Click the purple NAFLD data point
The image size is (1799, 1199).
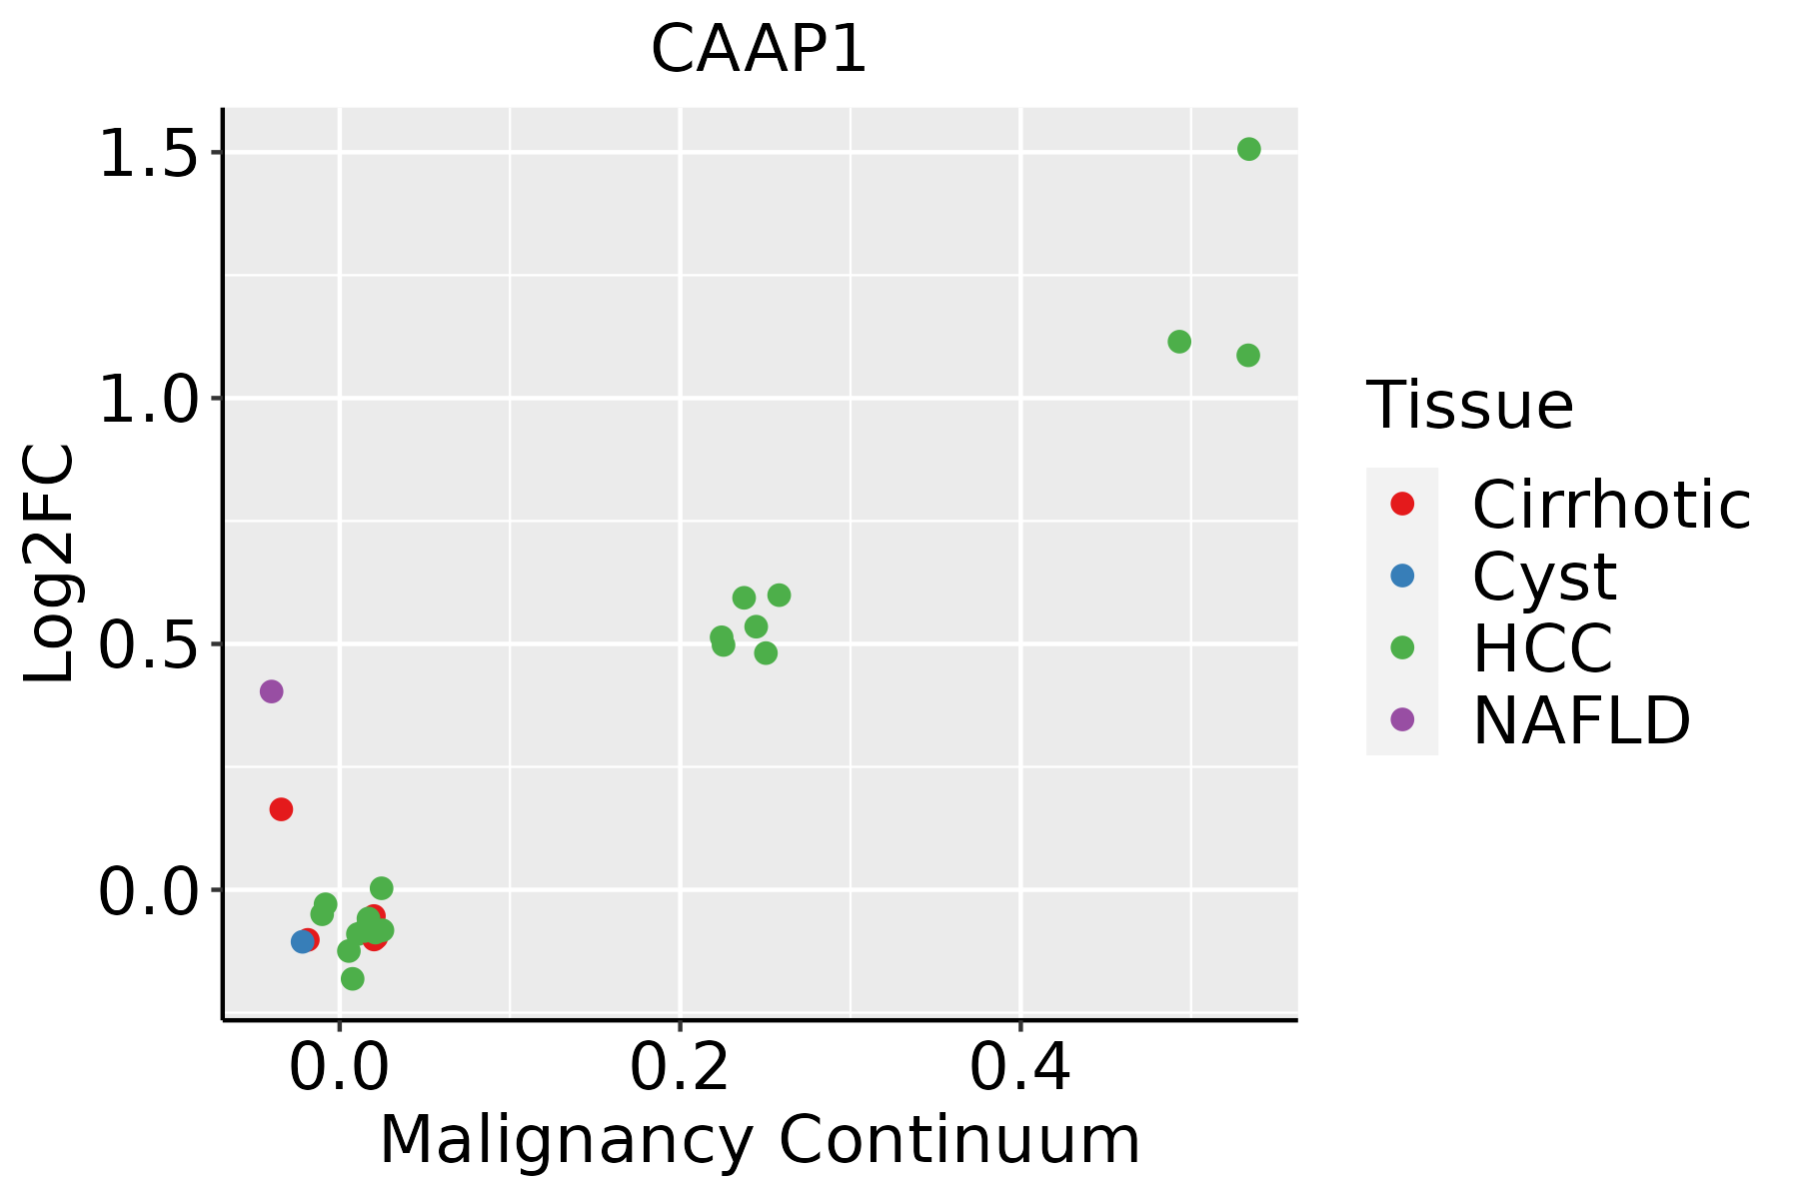coord(271,691)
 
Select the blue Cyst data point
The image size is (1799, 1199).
coord(303,941)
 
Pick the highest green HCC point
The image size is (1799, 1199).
coord(1248,150)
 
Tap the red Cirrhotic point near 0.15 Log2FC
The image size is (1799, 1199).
coord(281,809)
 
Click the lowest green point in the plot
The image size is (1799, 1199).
coord(352,978)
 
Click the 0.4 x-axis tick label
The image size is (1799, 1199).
coord(1020,1067)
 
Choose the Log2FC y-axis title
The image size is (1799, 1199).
coord(50,564)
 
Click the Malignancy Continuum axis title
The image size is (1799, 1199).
coord(760,1140)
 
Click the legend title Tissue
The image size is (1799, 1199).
coord(1469,406)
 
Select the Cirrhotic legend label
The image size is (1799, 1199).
coord(1610,505)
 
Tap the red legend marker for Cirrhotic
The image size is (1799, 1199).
coord(1402,504)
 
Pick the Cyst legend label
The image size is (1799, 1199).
coord(1544,577)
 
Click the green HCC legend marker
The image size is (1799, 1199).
coord(1402,647)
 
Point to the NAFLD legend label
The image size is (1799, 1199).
coord(1581,720)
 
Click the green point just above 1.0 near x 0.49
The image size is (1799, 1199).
coord(1179,342)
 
